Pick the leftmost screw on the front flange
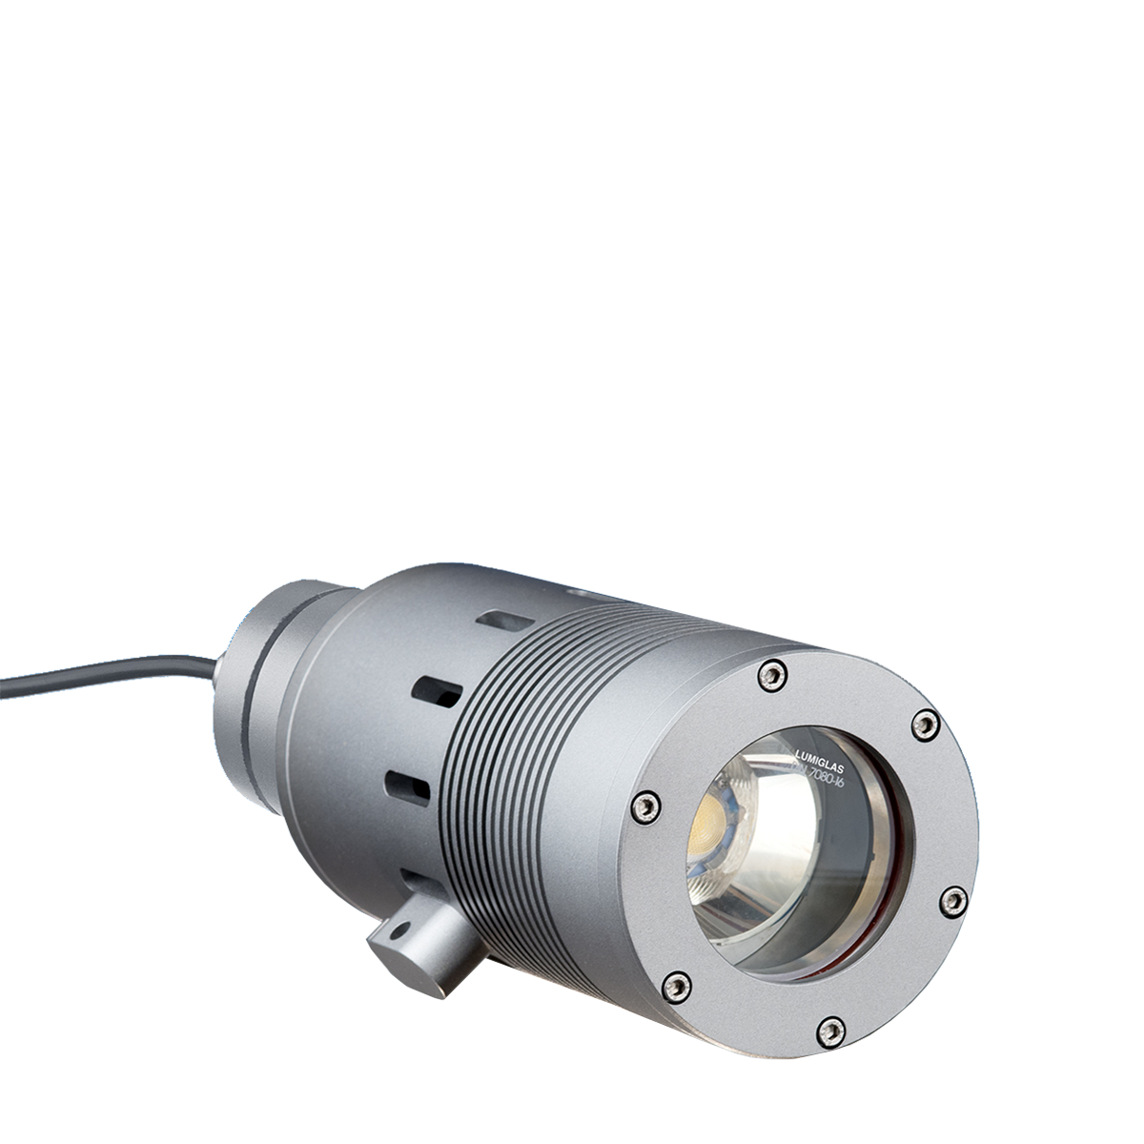[x=645, y=806]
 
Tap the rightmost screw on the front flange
[x=951, y=899]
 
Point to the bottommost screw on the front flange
[x=830, y=1029]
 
